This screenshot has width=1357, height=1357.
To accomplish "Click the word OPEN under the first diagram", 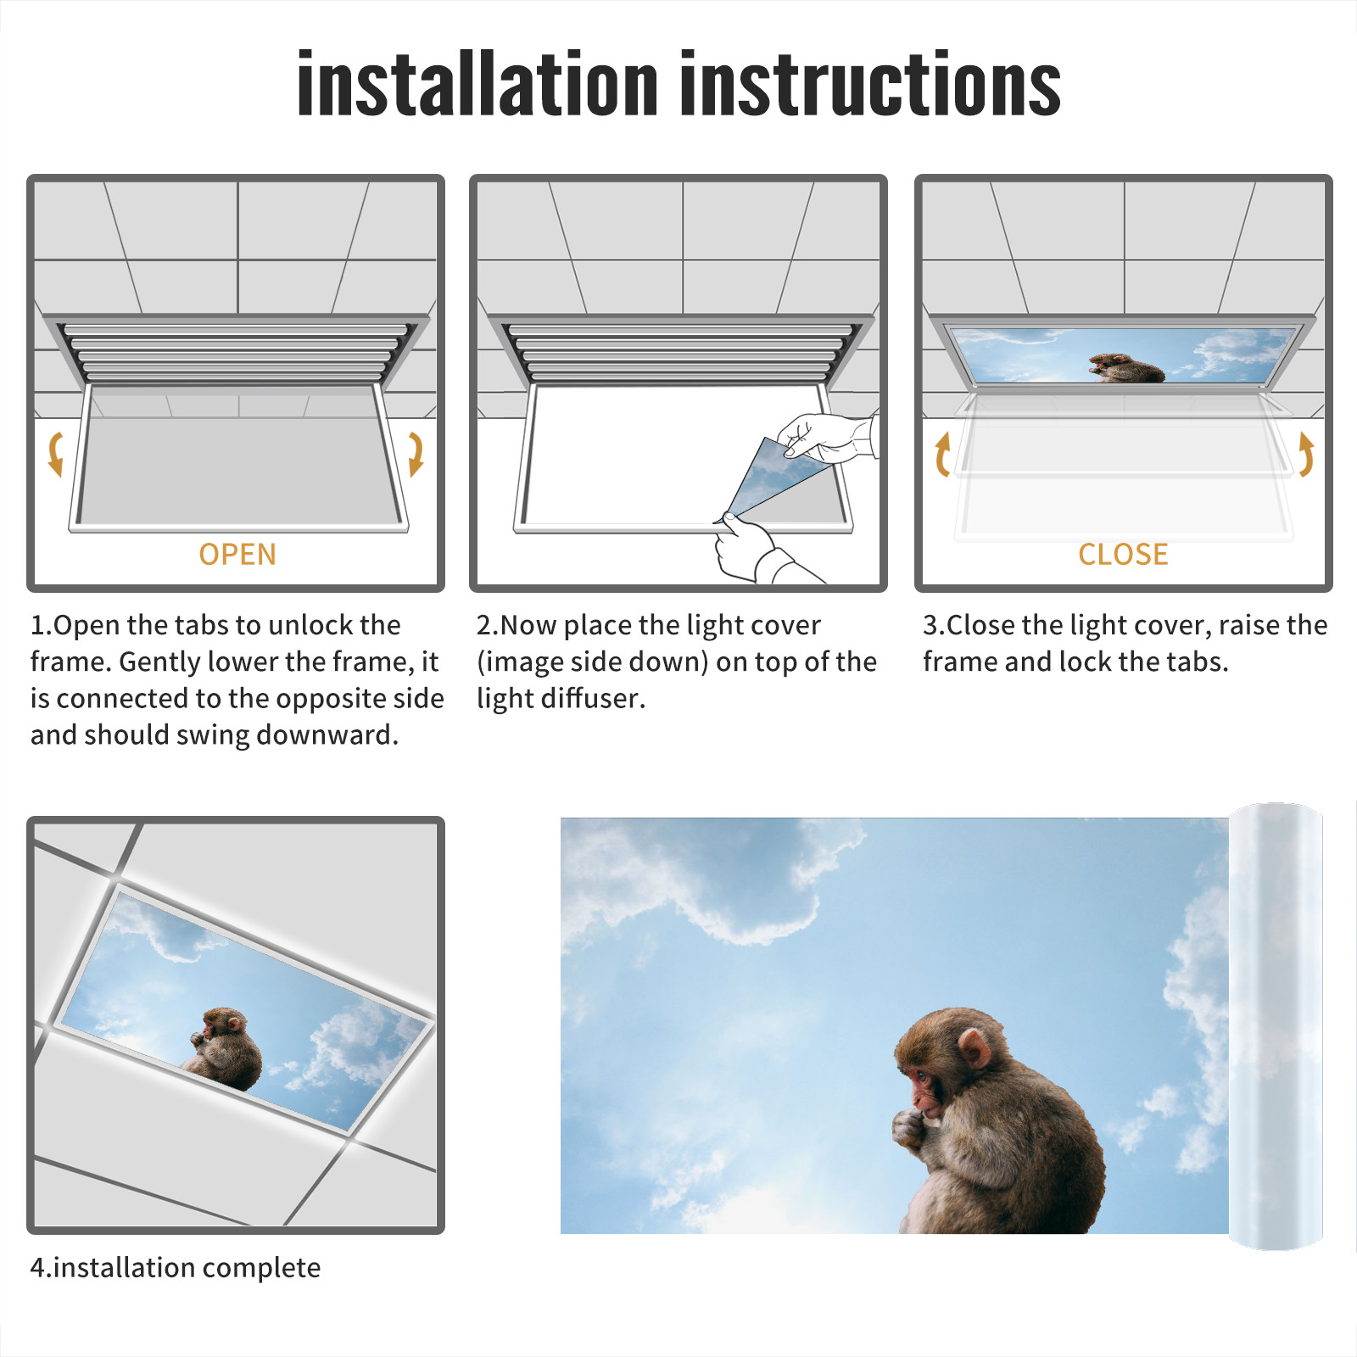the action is (237, 555).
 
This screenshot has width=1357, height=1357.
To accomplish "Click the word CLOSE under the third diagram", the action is (1123, 555).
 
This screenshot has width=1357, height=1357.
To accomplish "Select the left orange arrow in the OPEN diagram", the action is (55, 454).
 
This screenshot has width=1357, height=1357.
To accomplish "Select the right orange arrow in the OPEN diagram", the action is (416, 454).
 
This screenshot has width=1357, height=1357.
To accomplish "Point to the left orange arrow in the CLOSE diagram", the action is (942, 454).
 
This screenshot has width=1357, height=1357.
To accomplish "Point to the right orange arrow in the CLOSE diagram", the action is (1306, 454).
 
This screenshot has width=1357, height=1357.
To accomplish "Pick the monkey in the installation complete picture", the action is (222, 1048).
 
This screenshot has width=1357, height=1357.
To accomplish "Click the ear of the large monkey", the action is (974, 1048).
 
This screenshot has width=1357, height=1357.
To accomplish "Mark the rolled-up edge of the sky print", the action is (1276, 1026).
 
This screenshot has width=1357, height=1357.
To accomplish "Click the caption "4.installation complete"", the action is (176, 1268).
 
